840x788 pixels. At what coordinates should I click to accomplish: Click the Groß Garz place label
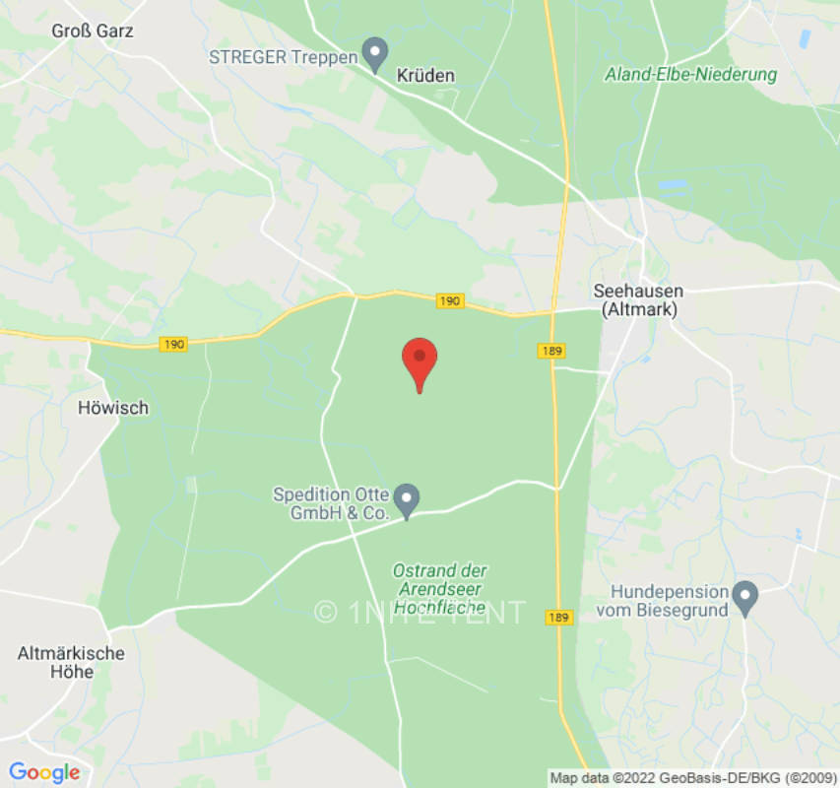click(93, 31)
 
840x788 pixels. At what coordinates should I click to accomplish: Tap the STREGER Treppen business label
click(283, 56)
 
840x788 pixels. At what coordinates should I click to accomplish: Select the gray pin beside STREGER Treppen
click(374, 53)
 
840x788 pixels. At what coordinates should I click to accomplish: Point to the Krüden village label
click(427, 76)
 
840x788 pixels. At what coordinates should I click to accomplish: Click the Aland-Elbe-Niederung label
click(691, 75)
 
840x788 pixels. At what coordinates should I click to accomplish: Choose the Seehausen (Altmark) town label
click(638, 299)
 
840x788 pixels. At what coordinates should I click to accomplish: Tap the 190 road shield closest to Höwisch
click(172, 344)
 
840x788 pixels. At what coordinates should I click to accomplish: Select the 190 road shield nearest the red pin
click(450, 300)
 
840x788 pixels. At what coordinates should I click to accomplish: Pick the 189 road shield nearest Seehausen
click(551, 351)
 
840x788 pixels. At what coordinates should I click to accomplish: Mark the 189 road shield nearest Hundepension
click(558, 618)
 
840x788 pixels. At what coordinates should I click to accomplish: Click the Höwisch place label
click(113, 407)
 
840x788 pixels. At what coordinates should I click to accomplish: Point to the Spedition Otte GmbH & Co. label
click(331, 503)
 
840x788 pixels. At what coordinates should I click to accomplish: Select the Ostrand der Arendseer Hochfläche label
click(440, 589)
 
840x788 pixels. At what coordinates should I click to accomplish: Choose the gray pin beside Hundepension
click(745, 597)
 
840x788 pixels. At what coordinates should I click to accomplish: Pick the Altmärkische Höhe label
click(71, 662)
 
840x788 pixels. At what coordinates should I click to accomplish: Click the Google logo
click(44, 772)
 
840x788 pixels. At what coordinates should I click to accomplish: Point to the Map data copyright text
click(693, 777)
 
